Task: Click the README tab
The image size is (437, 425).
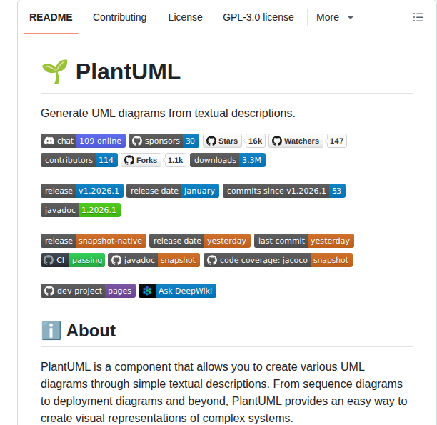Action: tap(51, 17)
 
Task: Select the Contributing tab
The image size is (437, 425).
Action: tap(119, 17)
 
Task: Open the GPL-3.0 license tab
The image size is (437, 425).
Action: tap(258, 17)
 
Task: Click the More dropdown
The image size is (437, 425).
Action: tap(334, 17)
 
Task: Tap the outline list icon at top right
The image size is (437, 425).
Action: tap(418, 17)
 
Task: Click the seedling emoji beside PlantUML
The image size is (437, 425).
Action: tap(54, 71)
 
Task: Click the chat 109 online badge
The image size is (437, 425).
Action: tap(83, 141)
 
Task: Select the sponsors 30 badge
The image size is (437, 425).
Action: tap(164, 141)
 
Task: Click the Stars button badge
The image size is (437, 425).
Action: tap(222, 141)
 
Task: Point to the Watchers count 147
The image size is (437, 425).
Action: tap(337, 141)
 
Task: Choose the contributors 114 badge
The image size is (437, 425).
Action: tap(79, 160)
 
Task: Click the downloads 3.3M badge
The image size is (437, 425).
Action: tap(227, 160)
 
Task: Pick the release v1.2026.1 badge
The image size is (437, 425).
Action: tap(81, 191)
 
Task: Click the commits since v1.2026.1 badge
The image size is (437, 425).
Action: tap(283, 191)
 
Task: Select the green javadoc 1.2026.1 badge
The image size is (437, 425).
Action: tap(81, 210)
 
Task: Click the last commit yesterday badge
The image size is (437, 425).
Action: tap(303, 241)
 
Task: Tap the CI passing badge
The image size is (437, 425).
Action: tap(73, 260)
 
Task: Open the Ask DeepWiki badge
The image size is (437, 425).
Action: tap(177, 291)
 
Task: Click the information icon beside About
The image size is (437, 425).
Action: tap(51, 330)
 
